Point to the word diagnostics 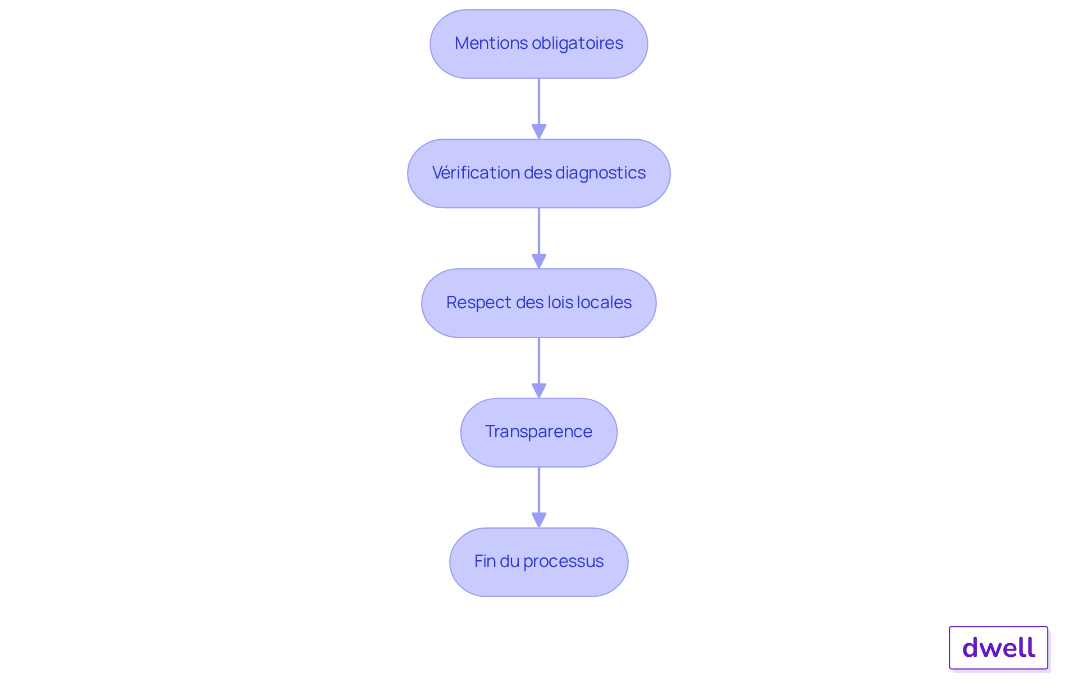point(601,173)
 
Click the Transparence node point(539,433)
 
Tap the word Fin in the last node point(483,561)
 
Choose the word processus point(563,562)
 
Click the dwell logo point(999,648)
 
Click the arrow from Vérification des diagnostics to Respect point(539,239)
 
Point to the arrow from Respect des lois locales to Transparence point(539,368)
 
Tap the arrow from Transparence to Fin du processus point(539,497)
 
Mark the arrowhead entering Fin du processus point(539,520)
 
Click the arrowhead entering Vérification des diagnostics point(539,132)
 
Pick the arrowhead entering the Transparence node point(539,391)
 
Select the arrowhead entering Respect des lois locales point(539,262)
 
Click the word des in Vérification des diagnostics point(538,173)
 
